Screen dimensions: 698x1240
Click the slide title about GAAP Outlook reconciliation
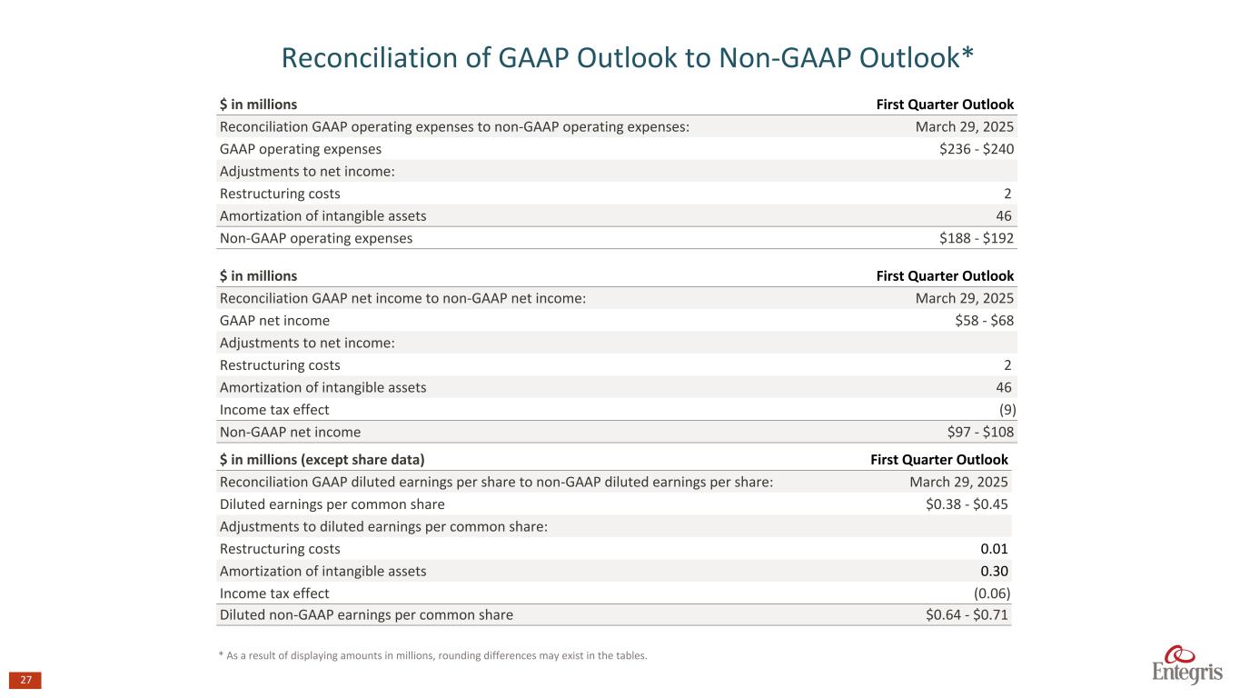click(x=628, y=57)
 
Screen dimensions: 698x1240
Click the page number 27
click(x=25, y=681)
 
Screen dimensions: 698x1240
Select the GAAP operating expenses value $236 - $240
click(x=977, y=149)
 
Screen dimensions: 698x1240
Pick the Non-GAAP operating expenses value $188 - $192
click(x=977, y=238)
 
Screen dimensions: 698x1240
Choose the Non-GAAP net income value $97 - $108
click(x=980, y=432)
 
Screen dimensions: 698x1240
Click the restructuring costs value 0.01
click(x=994, y=549)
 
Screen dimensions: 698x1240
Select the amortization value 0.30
click(x=994, y=571)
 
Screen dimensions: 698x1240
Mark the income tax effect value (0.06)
click(x=991, y=593)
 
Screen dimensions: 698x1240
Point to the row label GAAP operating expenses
click(x=301, y=149)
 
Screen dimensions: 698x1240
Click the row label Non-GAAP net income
click(x=290, y=432)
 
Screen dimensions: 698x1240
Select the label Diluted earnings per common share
click(x=332, y=504)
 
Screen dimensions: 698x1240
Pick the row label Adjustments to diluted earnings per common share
click(x=383, y=527)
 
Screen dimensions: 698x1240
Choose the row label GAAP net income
click(x=274, y=321)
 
